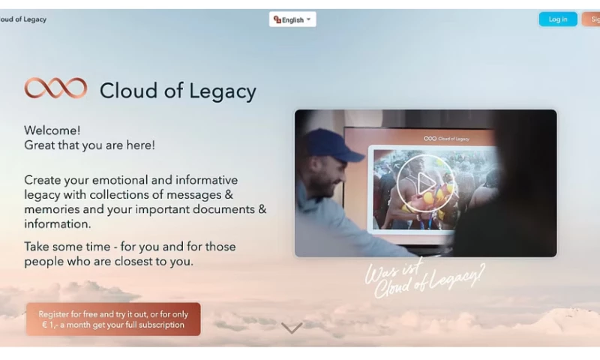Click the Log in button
pos(557,19)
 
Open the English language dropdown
pos(292,19)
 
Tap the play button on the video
pos(425,182)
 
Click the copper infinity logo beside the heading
pos(55,88)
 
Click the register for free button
pos(113,319)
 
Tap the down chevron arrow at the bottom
pos(292,328)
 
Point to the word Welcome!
pos(52,130)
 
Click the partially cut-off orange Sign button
pos(592,19)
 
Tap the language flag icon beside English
pos(277,19)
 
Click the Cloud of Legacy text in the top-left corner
pos(24,19)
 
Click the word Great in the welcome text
pos(40,145)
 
